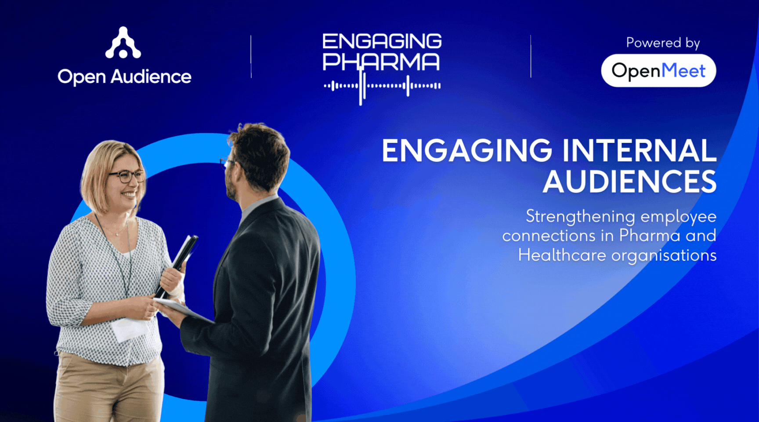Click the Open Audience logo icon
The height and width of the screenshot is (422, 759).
pyautogui.click(x=123, y=43)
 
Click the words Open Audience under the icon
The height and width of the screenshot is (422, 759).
pyautogui.click(x=124, y=77)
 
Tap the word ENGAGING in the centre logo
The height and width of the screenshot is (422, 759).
pyautogui.click(x=382, y=41)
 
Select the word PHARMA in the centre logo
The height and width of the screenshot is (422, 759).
pyautogui.click(x=381, y=62)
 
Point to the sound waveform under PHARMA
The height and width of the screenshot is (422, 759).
pyautogui.click(x=382, y=86)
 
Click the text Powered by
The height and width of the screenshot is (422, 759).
pyautogui.click(x=663, y=43)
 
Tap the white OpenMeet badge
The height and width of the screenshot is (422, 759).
pyautogui.click(x=658, y=70)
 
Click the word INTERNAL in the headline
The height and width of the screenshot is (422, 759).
pyautogui.click(x=639, y=150)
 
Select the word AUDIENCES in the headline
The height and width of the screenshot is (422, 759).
pyautogui.click(x=629, y=182)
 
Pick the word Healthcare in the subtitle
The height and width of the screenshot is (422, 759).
pyautogui.click(x=562, y=255)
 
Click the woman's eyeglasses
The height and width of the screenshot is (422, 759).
pyautogui.click(x=127, y=176)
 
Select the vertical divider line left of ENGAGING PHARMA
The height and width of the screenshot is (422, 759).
pyautogui.click(x=251, y=57)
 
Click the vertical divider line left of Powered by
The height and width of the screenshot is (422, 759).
pyautogui.click(x=531, y=56)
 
